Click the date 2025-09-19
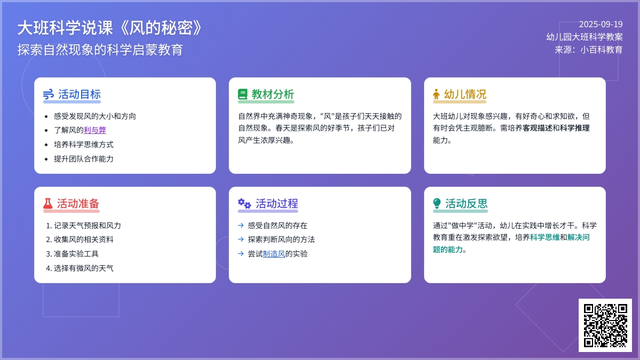601,25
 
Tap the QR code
605,325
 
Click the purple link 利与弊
95,130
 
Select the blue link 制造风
274,254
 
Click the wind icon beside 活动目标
49,94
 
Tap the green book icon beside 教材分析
243,94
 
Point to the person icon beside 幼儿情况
436,94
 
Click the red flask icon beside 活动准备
47,203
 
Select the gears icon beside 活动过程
244,203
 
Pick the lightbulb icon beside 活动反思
437,203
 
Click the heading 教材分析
273,94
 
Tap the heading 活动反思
466,203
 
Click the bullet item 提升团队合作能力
83,159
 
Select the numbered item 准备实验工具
76,254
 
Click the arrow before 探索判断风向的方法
241,239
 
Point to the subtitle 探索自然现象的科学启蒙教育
100,50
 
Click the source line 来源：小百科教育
589,50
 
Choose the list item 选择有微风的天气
83,268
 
